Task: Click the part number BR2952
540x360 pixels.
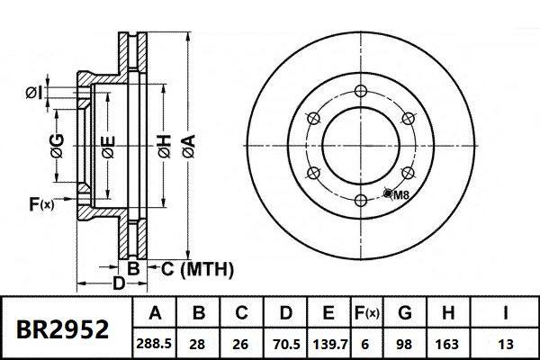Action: coord(63,328)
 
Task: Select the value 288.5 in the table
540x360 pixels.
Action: coord(155,343)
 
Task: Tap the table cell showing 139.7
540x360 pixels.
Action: coord(328,343)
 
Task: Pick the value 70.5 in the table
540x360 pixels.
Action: coord(284,343)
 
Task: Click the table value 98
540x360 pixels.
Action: coord(405,343)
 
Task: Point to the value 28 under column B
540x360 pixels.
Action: coord(199,343)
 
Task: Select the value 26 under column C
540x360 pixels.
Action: coord(241,343)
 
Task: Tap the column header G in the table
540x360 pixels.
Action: coord(405,314)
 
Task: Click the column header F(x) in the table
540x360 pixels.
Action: coord(367,314)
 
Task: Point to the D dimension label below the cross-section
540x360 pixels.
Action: coord(117,283)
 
